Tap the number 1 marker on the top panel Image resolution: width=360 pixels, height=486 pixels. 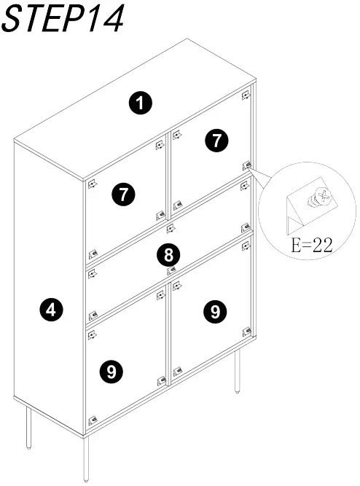coord(140,103)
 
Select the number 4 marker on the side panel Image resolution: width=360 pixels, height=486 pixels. coord(50,311)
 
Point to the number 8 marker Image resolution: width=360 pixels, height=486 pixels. coord(168,255)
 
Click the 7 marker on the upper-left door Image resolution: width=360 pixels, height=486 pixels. coord(124,195)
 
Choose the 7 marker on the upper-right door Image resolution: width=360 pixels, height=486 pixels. coord(216,141)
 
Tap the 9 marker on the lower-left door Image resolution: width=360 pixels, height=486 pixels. coord(111,372)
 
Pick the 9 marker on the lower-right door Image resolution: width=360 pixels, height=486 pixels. coord(214,312)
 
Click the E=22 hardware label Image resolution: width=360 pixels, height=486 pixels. coord(311,246)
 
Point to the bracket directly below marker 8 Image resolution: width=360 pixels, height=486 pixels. coord(171,270)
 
